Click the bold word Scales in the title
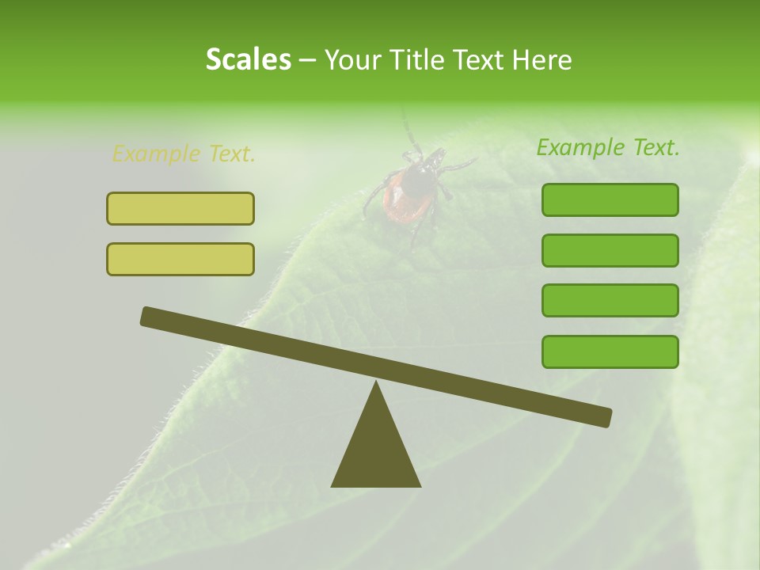click(248, 59)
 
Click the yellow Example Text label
click(184, 154)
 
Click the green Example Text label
click(608, 147)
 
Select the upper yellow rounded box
click(180, 208)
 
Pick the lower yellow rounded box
click(180, 259)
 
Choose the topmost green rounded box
click(610, 199)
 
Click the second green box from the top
click(610, 250)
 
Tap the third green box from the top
click(610, 300)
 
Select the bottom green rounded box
click(610, 351)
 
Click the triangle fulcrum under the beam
click(376, 451)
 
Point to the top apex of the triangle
click(376, 385)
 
